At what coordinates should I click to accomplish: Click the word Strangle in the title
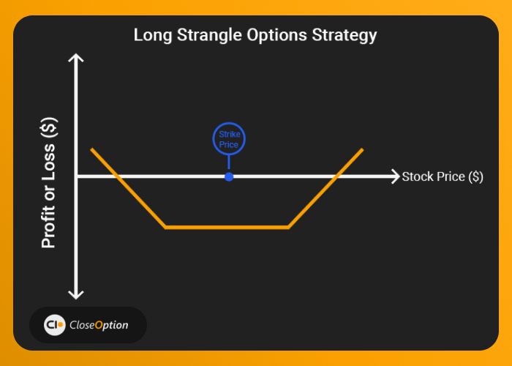(x=210, y=35)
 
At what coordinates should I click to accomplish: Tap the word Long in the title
(x=153, y=35)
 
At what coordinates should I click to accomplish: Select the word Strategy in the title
(x=345, y=35)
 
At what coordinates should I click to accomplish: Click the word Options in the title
(x=277, y=35)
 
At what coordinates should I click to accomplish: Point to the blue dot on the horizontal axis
(x=229, y=177)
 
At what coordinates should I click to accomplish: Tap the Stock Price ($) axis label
(x=443, y=176)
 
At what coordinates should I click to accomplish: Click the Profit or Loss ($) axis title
(x=49, y=183)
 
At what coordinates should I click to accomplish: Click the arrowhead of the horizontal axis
(x=396, y=176)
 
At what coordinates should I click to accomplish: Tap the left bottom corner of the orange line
(x=165, y=227)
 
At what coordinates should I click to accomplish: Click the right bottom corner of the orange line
(x=288, y=227)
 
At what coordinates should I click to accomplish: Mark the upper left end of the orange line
(x=91, y=149)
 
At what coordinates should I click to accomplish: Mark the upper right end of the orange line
(x=362, y=149)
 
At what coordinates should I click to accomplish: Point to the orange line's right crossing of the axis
(x=336, y=176)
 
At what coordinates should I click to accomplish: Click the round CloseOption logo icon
(x=55, y=325)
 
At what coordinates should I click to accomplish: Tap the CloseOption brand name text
(x=99, y=325)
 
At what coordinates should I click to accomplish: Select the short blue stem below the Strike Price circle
(x=229, y=162)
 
